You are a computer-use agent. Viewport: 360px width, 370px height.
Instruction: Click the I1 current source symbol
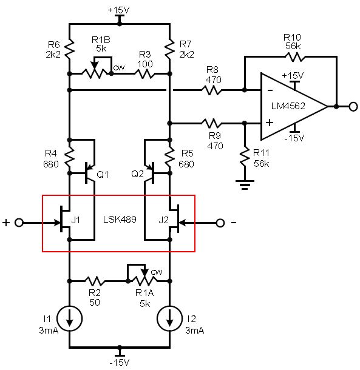[x=69, y=318]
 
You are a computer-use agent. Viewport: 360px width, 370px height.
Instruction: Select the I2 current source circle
[x=169, y=318]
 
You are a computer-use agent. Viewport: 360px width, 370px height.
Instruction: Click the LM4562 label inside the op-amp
[x=288, y=106]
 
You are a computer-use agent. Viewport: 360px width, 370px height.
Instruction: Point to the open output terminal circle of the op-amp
[x=353, y=107]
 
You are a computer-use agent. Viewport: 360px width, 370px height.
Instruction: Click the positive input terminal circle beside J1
[x=19, y=223]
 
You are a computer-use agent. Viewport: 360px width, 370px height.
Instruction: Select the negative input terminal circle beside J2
[x=220, y=223]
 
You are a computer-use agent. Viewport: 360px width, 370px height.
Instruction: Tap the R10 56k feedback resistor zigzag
[x=295, y=56]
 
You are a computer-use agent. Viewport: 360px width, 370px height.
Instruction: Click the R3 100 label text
[x=145, y=59]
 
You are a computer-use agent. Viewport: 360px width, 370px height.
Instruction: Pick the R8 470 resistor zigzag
[x=212, y=90]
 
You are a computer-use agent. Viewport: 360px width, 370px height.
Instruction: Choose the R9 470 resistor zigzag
[x=212, y=123]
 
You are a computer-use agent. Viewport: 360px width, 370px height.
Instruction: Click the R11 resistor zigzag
[x=245, y=156]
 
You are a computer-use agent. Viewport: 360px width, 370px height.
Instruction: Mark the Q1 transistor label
[x=103, y=175]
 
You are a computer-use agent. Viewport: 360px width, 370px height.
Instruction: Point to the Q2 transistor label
[x=137, y=174]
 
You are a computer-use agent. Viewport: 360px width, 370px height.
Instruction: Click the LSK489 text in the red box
[x=120, y=220]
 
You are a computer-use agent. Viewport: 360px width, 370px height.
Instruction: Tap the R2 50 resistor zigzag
[x=95, y=281]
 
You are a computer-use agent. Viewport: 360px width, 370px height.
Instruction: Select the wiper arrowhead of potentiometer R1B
[x=95, y=65]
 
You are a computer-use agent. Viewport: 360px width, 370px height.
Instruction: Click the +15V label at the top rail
[x=118, y=10]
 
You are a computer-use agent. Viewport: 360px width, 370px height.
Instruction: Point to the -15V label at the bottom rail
[x=120, y=362]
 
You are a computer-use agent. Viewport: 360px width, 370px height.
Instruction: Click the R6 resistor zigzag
[x=69, y=49]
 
